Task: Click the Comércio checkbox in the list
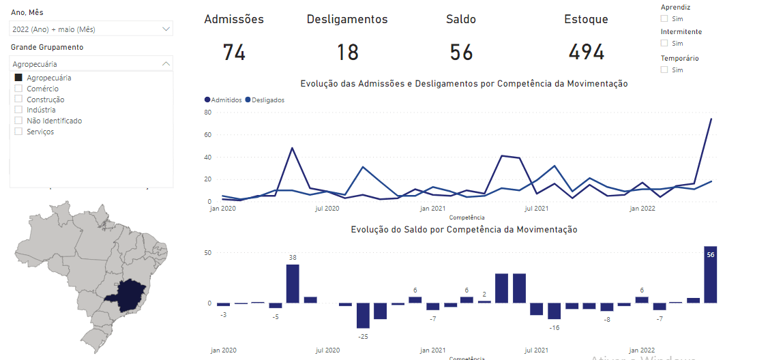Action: point(18,89)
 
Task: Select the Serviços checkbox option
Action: point(18,132)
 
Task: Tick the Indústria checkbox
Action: point(18,110)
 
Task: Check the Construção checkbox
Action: point(18,100)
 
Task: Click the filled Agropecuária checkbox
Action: point(18,78)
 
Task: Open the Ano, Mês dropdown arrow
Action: point(166,29)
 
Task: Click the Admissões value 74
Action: point(234,52)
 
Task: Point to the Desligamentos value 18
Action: point(347,52)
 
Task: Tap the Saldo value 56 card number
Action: point(461,52)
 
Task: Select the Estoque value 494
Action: point(586,52)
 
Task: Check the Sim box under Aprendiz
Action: point(664,19)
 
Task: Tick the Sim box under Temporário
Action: point(664,70)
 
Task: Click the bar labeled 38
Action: point(293,284)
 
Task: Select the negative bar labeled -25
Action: point(363,315)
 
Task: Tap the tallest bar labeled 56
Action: point(711,275)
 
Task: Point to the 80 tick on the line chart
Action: point(208,112)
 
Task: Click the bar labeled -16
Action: point(554,311)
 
